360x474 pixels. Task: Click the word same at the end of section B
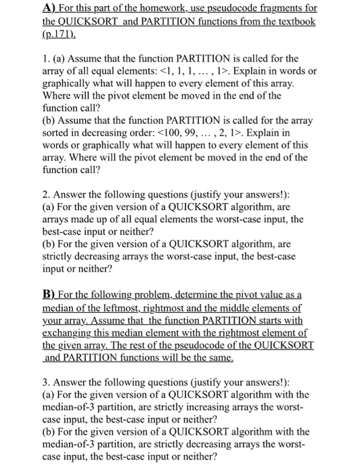tap(219, 357)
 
